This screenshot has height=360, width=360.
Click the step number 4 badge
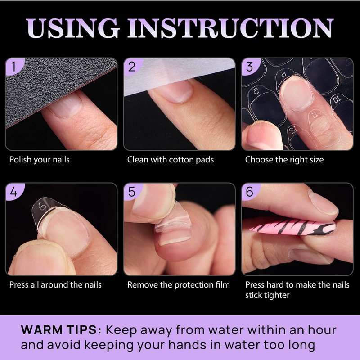pyautogui.click(x=14, y=192)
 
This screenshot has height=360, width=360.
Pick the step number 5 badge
pyautogui.click(x=132, y=192)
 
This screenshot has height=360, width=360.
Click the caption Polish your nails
pyautogui.click(x=40, y=160)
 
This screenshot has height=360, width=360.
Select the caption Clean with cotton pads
pyautogui.click(x=170, y=160)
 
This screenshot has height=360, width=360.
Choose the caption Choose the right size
pyautogui.click(x=284, y=160)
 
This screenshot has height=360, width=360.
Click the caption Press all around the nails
pyautogui.click(x=55, y=284)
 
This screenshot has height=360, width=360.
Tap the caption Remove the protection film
pyautogui.click(x=178, y=284)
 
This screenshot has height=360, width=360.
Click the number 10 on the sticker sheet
pyautogui.click(x=336, y=99)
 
